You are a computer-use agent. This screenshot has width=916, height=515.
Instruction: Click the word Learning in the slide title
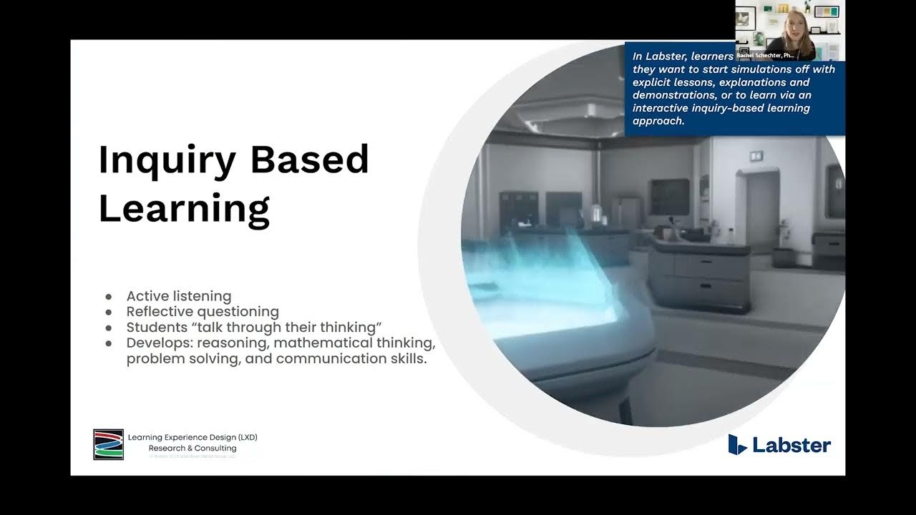(x=184, y=208)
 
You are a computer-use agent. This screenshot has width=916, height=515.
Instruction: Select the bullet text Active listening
(x=179, y=296)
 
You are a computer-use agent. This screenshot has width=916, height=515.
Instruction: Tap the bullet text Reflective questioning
(x=203, y=312)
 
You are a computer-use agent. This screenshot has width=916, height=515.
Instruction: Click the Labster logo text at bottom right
(x=791, y=446)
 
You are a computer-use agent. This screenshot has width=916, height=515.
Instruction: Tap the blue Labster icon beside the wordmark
(x=737, y=444)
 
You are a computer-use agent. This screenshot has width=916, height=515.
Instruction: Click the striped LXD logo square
(x=108, y=444)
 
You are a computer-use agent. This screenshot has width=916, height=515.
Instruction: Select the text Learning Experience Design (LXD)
(x=193, y=437)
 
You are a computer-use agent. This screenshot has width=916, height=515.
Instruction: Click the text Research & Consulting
(x=193, y=448)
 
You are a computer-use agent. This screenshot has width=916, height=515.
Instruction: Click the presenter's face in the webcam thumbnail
(x=795, y=25)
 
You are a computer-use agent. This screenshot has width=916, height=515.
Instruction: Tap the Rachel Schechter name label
(x=765, y=55)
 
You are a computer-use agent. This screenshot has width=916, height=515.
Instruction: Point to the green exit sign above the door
(x=754, y=155)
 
